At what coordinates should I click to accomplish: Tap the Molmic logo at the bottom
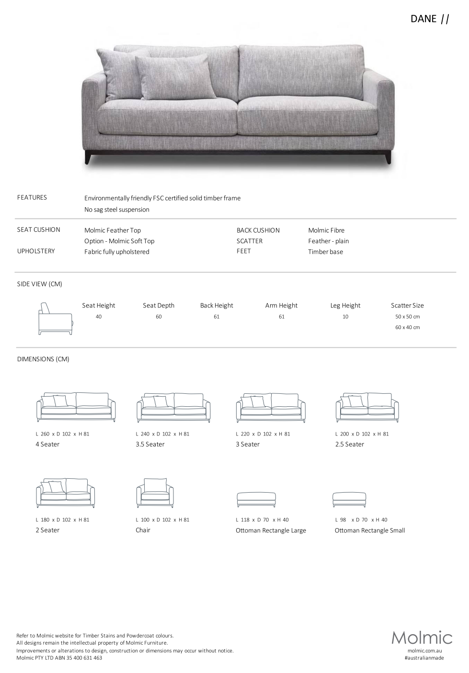(x=422, y=637)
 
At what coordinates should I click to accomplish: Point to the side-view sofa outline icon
(x=55, y=319)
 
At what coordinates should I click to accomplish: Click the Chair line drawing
(x=155, y=493)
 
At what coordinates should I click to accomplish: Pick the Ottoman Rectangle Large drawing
(x=256, y=499)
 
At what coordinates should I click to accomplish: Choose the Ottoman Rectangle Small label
(x=369, y=531)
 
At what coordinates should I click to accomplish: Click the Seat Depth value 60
(x=159, y=317)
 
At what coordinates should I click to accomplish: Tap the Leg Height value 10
(x=345, y=317)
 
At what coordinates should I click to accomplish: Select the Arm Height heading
(x=281, y=306)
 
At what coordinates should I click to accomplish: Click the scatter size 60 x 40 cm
(x=407, y=328)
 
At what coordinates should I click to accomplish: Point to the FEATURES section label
(x=32, y=198)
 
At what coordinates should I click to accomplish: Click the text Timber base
(x=325, y=252)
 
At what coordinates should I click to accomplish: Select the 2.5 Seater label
(x=350, y=445)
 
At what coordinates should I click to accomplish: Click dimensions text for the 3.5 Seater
(x=162, y=434)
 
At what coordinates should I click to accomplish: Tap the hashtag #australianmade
(x=424, y=658)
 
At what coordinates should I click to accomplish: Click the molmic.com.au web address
(x=424, y=650)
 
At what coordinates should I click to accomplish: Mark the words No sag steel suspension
(x=117, y=210)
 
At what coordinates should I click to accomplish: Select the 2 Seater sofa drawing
(x=65, y=493)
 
